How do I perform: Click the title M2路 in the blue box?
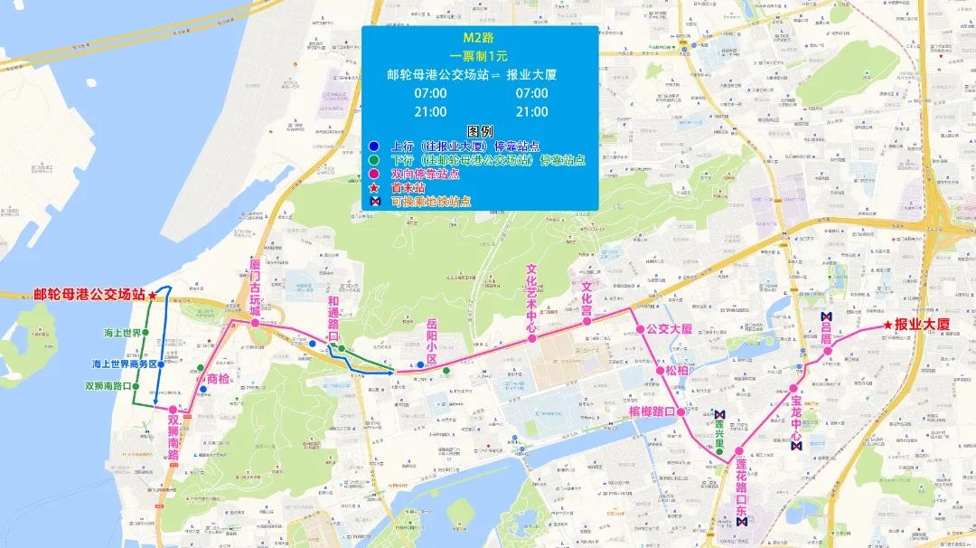click(480, 39)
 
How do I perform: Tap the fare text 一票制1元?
click(479, 56)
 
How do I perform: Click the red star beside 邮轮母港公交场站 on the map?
click(153, 295)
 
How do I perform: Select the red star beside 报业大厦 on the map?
click(888, 325)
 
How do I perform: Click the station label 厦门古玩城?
click(255, 285)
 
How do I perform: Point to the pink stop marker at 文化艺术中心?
click(532, 338)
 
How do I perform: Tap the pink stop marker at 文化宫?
click(587, 319)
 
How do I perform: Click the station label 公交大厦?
click(669, 328)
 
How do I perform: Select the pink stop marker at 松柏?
click(658, 370)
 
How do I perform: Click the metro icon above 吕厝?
click(826, 317)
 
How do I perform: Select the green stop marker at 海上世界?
click(148, 334)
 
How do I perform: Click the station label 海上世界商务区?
click(126, 364)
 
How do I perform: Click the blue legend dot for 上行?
click(374, 146)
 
